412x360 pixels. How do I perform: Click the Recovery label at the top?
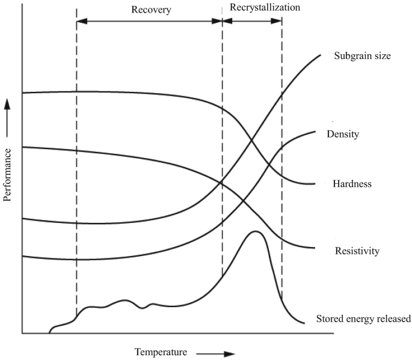pos(149,10)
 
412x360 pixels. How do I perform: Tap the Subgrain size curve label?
pos(363,56)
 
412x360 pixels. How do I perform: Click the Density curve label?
pos(343,134)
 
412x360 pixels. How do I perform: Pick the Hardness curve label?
pos(352,183)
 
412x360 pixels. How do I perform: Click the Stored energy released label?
pos(363,319)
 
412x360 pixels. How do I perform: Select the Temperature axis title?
pos(161,352)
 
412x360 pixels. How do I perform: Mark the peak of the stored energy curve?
pos(256,231)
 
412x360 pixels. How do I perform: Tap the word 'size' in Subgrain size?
pos(382,56)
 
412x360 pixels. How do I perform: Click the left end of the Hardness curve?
pos(23,93)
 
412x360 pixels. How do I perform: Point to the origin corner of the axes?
pos(22,333)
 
